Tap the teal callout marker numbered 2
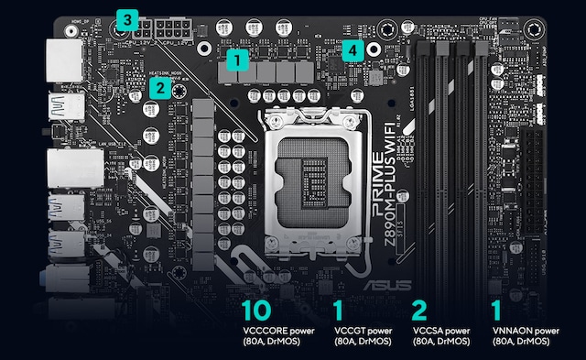(159, 88)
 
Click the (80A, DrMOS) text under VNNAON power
(521, 342)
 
